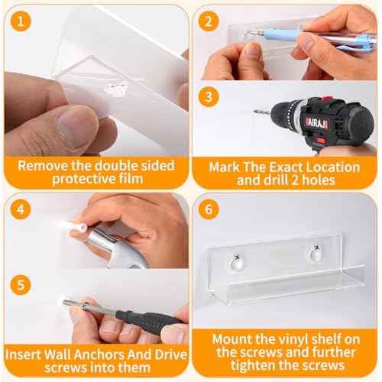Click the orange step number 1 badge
point(21,21)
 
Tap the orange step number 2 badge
point(209,21)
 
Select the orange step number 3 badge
point(209,97)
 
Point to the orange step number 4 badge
point(21,209)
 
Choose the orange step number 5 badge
point(21,285)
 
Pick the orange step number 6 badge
point(209,209)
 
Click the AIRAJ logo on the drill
point(316,124)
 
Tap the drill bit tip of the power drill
point(254,112)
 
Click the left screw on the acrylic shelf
point(238,257)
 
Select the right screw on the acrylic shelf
point(316,248)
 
